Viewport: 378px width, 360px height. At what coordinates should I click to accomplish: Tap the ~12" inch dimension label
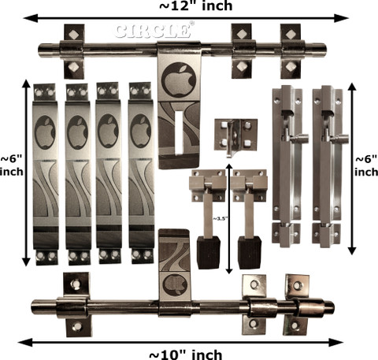196,6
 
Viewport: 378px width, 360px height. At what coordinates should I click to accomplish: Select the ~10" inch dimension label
186,354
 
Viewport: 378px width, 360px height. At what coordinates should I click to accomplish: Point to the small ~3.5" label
219,218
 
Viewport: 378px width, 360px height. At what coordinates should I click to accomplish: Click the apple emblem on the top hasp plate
179,80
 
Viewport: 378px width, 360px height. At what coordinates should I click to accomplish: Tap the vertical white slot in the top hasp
179,132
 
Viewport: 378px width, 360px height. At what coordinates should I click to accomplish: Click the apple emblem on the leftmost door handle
45,132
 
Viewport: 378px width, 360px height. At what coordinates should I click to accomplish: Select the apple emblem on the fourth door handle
141,131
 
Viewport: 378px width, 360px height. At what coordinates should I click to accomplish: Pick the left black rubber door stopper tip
209,252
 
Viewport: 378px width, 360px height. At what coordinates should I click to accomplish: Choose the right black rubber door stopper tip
250,252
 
